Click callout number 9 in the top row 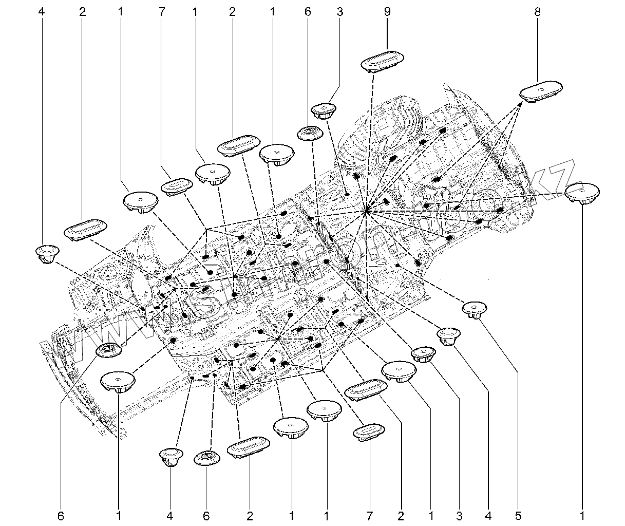click(387, 12)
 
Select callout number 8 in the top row click(537, 12)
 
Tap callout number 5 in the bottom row click(518, 515)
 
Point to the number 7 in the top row click(162, 12)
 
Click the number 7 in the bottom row click(369, 515)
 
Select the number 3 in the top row click(340, 12)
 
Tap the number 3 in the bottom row click(459, 515)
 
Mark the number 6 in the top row click(308, 12)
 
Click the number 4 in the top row click(42, 12)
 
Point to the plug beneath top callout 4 click(48, 253)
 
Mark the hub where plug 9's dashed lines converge click(366, 210)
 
